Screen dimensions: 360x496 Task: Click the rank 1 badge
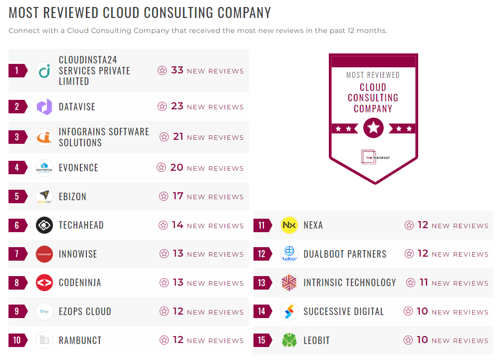17,70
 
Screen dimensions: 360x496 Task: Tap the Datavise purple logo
44,106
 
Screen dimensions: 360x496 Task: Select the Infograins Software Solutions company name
104,137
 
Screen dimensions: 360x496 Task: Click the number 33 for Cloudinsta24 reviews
177,70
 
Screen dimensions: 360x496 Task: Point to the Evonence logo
44,168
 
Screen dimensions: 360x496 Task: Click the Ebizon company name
72,197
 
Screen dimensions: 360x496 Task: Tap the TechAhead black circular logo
44,225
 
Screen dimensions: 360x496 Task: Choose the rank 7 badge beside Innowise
17,254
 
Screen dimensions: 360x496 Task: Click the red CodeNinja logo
44,283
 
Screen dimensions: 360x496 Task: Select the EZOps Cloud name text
85,312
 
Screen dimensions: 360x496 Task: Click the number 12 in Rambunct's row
178,341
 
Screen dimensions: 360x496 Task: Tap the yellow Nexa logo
289,225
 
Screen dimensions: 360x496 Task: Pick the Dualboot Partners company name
345,254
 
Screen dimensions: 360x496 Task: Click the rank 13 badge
262,283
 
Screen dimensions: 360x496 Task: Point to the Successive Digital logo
289,312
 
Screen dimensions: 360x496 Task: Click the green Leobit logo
289,341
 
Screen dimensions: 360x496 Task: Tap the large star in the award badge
373,128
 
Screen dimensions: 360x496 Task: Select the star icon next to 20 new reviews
161,168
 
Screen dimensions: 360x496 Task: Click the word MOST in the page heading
26,12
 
